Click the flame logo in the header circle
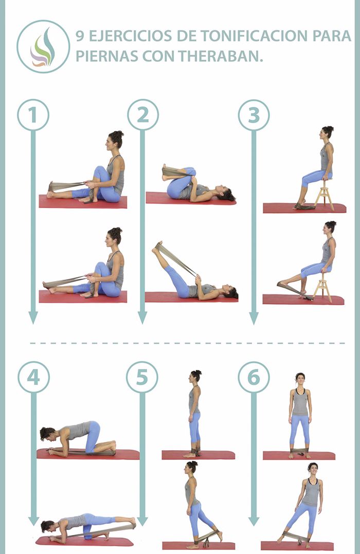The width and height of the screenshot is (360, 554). [x=43, y=46]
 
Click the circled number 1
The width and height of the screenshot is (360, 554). [x=33, y=115]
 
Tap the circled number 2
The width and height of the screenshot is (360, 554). [x=142, y=115]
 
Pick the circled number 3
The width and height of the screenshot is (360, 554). [x=254, y=115]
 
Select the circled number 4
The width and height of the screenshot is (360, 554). [x=33, y=378]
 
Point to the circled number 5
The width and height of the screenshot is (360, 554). [x=142, y=378]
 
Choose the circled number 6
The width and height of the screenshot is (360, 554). [x=254, y=378]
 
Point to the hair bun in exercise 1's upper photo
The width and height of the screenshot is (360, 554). [x=118, y=135]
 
